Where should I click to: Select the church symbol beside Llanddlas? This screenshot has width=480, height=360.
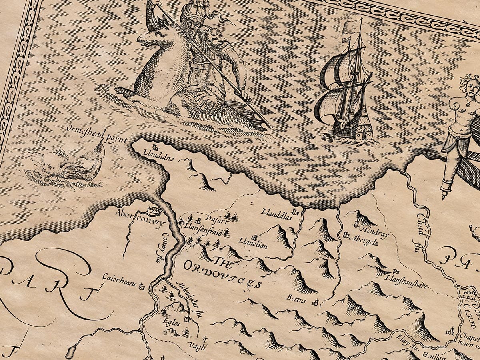pos(296,211)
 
